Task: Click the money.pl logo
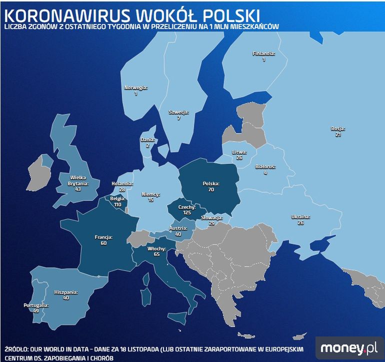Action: point(349,347)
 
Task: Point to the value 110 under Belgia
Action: point(118,205)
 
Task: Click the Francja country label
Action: point(103,237)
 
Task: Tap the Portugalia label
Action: point(36,305)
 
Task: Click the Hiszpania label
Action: point(65,291)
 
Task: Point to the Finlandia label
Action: point(263,54)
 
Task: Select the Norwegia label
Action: point(135,88)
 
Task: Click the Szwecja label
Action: point(178,112)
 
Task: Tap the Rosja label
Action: point(338,129)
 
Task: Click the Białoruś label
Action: point(265,166)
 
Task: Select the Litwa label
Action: point(239,152)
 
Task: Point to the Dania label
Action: point(147,140)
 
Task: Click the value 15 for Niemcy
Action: point(150,200)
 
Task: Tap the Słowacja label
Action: point(211,217)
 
